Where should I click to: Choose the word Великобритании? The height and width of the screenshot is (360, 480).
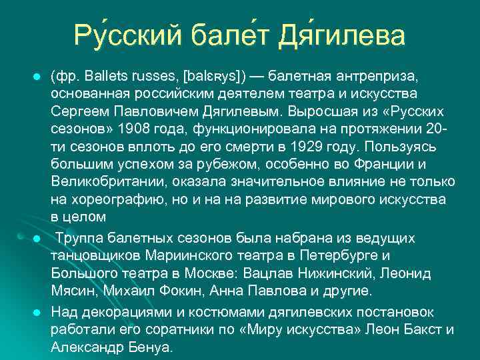point(105,182)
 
